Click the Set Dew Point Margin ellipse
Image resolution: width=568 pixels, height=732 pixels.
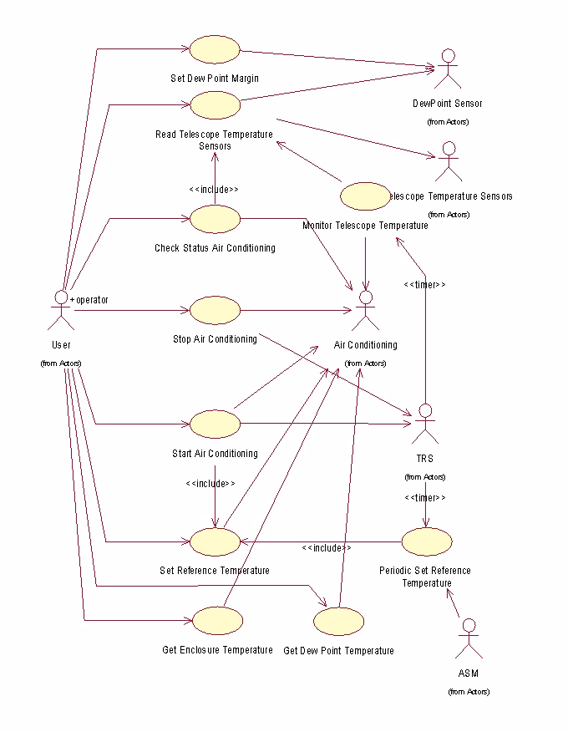(x=215, y=49)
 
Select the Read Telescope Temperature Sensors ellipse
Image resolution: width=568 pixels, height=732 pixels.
(x=215, y=105)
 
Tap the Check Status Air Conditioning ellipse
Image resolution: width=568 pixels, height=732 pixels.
(x=215, y=219)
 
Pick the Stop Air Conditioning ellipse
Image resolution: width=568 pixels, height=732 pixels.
(x=215, y=310)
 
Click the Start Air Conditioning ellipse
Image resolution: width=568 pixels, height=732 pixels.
(x=215, y=424)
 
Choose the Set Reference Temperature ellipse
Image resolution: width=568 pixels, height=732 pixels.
(x=215, y=541)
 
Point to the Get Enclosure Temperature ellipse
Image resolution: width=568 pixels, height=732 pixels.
(x=217, y=620)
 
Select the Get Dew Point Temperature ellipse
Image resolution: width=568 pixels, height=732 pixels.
(x=338, y=621)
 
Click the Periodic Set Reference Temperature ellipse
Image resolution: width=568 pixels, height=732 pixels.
(x=426, y=541)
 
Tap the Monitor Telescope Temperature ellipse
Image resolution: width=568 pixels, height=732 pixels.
(x=365, y=196)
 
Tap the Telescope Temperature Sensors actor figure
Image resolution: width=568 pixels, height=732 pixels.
(x=449, y=162)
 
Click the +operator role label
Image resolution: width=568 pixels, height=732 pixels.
(x=89, y=299)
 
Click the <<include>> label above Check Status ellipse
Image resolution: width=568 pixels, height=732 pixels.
(x=215, y=190)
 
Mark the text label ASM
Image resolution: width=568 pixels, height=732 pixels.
(x=469, y=674)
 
